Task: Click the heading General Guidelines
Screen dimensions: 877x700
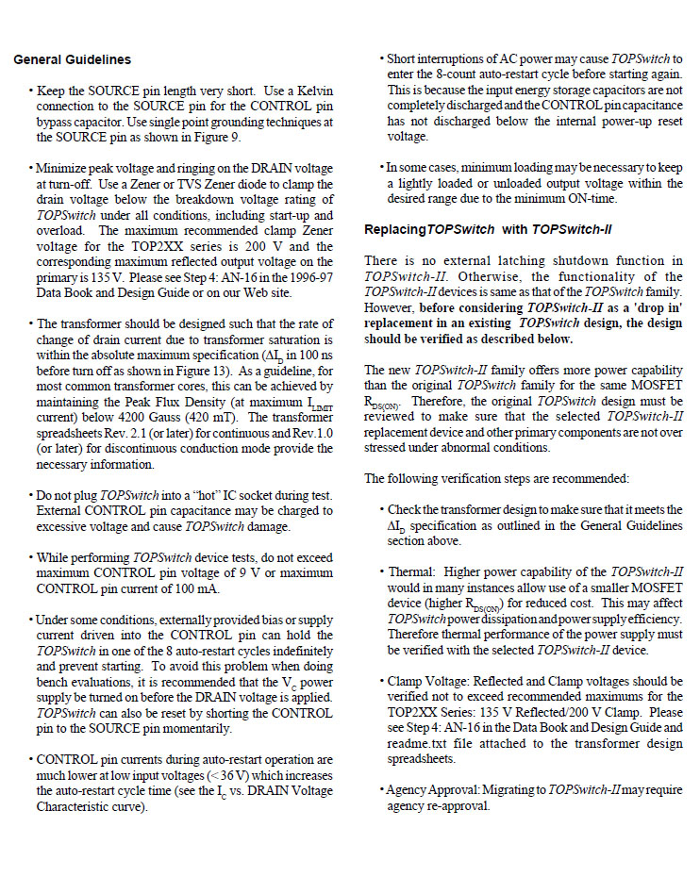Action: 73,60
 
